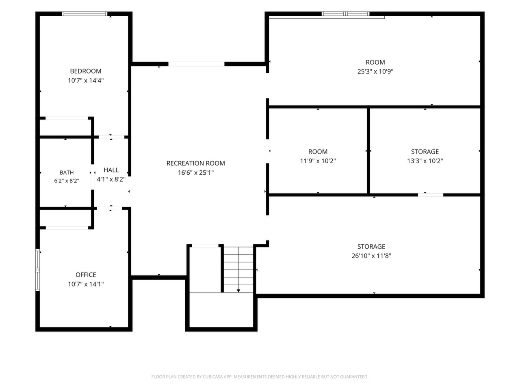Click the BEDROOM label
pyautogui.click(x=86, y=71)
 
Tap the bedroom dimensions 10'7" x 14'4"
pyautogui.click(x=86, y=80)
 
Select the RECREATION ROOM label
pyautogui.click(x=196, y=163)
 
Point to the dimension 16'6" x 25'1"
pyautogui.click(x=196, y=173)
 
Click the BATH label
pyautogui.click(x=67, y=173)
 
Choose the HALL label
pyautogui.click(x=111, y=170)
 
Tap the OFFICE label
pyautogui.click(x=86, y=275)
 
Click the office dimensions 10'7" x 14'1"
pyautogui.click(x=86, y=284)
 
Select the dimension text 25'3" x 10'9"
pyautogui.click(x=375, y=71)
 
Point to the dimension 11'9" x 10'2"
pyautogui.click(x=318, y=161)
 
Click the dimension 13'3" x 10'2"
pyautogui.click(x=425, y=161)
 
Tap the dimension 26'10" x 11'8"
pyautogui.click(x=371, y=256)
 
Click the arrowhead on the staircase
pyautogui.click(x=238, y=291)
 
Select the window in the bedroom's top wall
pyautogui.click(x=84, y=14)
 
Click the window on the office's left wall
pyautogui.click(x=38, y=270)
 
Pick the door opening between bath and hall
pyautogui.click(x=93, y=177)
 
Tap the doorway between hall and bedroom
pyautogui.click(x=111, y=137)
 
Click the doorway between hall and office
pyautogui.click(x=109, y=208)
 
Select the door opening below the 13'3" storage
pyautogui.click(x=431, y=195)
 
